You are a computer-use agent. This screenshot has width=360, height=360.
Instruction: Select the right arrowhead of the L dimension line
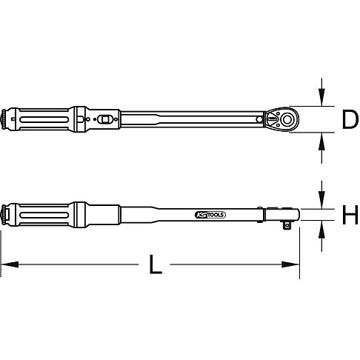pos(294,264)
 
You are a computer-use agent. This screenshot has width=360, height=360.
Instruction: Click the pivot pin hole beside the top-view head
pos(260,119)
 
